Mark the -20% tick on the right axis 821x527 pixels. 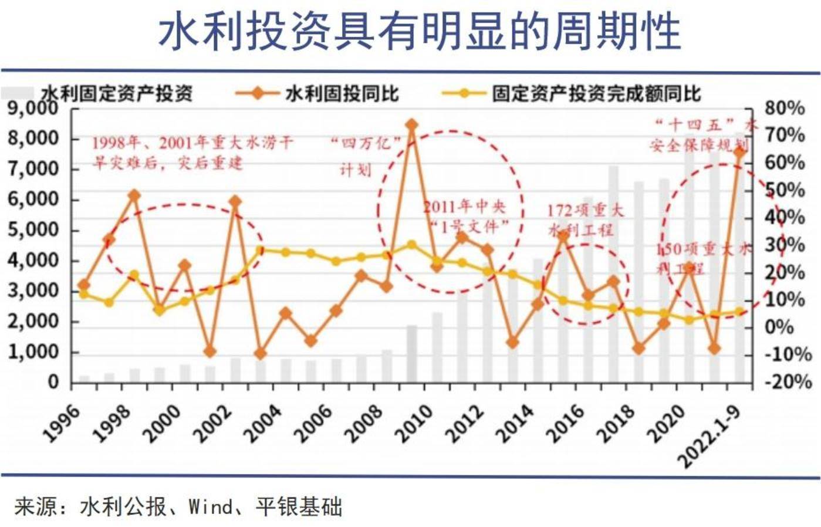(786, 382)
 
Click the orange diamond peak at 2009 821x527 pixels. (411, 124)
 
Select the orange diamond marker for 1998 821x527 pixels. (134, 195)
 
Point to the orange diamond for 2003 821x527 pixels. (260, 353)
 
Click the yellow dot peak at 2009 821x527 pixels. (411, 245)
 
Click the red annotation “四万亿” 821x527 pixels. (365, 143)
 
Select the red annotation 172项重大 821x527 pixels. (585, 210)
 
